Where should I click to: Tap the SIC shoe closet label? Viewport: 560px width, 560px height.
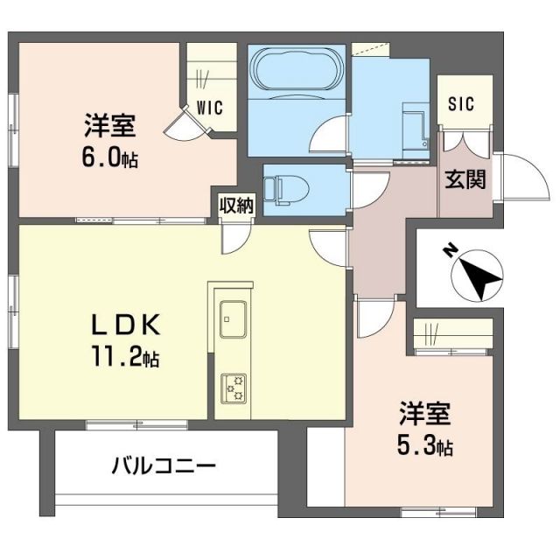[x=461, y=104]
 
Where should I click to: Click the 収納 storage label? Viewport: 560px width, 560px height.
[x=235, y=206]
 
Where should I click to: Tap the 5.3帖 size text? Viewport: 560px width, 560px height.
[x=424, y=447]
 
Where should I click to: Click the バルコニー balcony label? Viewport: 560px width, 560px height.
[x=163, y=465]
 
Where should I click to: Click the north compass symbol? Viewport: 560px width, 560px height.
[x=478, y=276]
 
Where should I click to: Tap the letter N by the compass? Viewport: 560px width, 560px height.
[x=449, y=252]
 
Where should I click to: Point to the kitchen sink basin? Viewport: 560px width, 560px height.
[x=233, y=318]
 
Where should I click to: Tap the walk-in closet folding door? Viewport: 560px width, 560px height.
[x=189, y=125]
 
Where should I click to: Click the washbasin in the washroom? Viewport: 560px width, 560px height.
[x=411, y=122]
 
